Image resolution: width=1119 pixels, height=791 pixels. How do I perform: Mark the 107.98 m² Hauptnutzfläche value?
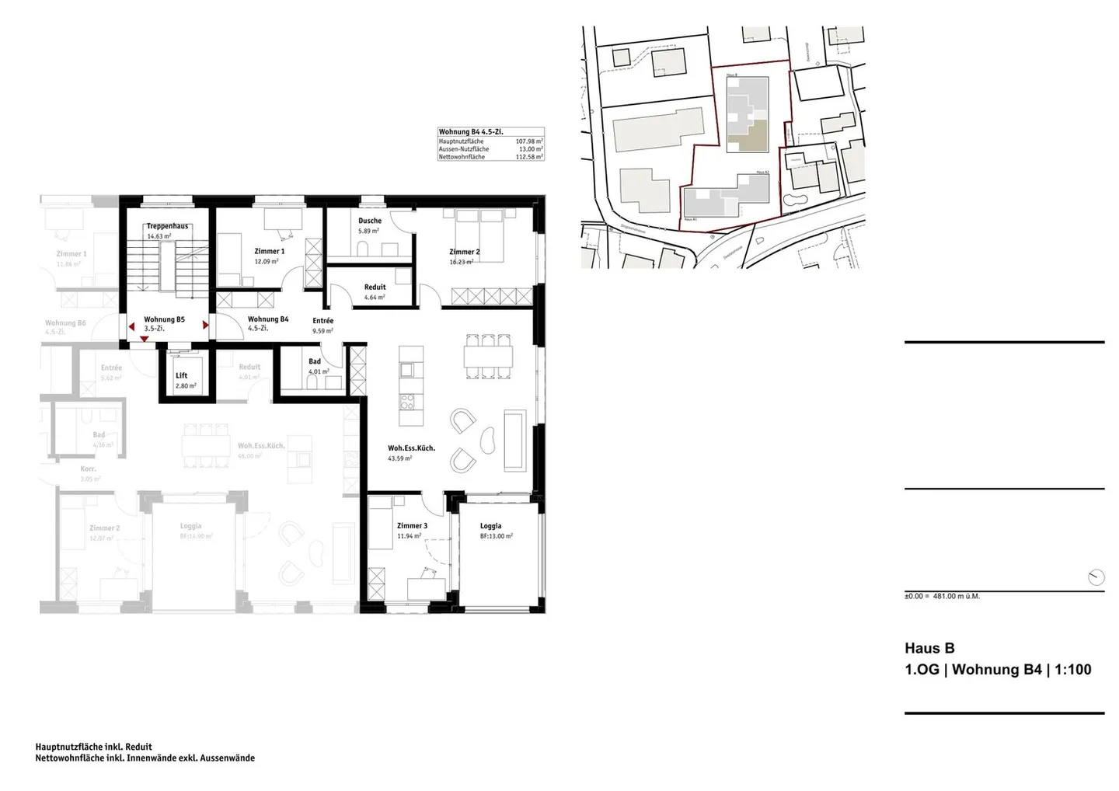[529, 141]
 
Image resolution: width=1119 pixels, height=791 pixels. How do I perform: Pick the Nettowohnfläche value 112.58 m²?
[529, 157]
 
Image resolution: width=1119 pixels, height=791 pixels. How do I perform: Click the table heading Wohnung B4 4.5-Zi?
[471, 132]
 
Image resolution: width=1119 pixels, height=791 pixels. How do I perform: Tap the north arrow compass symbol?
[1096, 577]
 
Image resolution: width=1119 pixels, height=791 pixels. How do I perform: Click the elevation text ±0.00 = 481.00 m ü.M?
[942, 597]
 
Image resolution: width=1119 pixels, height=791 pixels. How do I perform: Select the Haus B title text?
[929, 648]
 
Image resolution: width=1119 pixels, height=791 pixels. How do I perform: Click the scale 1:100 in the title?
[1073, 670]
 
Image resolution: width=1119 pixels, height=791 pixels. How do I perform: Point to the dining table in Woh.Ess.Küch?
[488, 357]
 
